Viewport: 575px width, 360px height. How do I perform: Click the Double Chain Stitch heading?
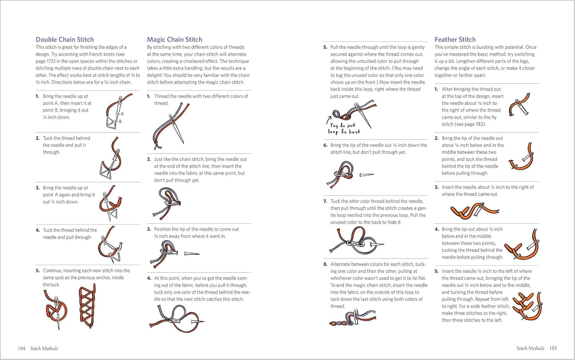(65, 39)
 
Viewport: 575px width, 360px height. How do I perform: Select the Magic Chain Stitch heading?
(174, 39)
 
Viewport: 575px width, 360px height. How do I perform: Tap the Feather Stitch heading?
(455, 39)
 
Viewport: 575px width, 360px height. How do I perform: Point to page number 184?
(21, 348)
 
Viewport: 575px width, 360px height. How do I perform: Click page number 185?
(553, 348)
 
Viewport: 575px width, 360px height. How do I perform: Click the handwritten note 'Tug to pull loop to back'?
(344, 128)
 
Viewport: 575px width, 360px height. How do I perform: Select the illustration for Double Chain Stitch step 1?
(118, 112)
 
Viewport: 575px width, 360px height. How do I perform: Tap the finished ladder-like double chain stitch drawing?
(87, 306)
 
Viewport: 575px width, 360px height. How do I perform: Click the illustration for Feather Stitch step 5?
(528, 306)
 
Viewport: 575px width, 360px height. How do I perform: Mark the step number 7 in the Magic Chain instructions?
(325, 202)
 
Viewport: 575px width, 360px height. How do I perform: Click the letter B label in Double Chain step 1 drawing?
(120, 121)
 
